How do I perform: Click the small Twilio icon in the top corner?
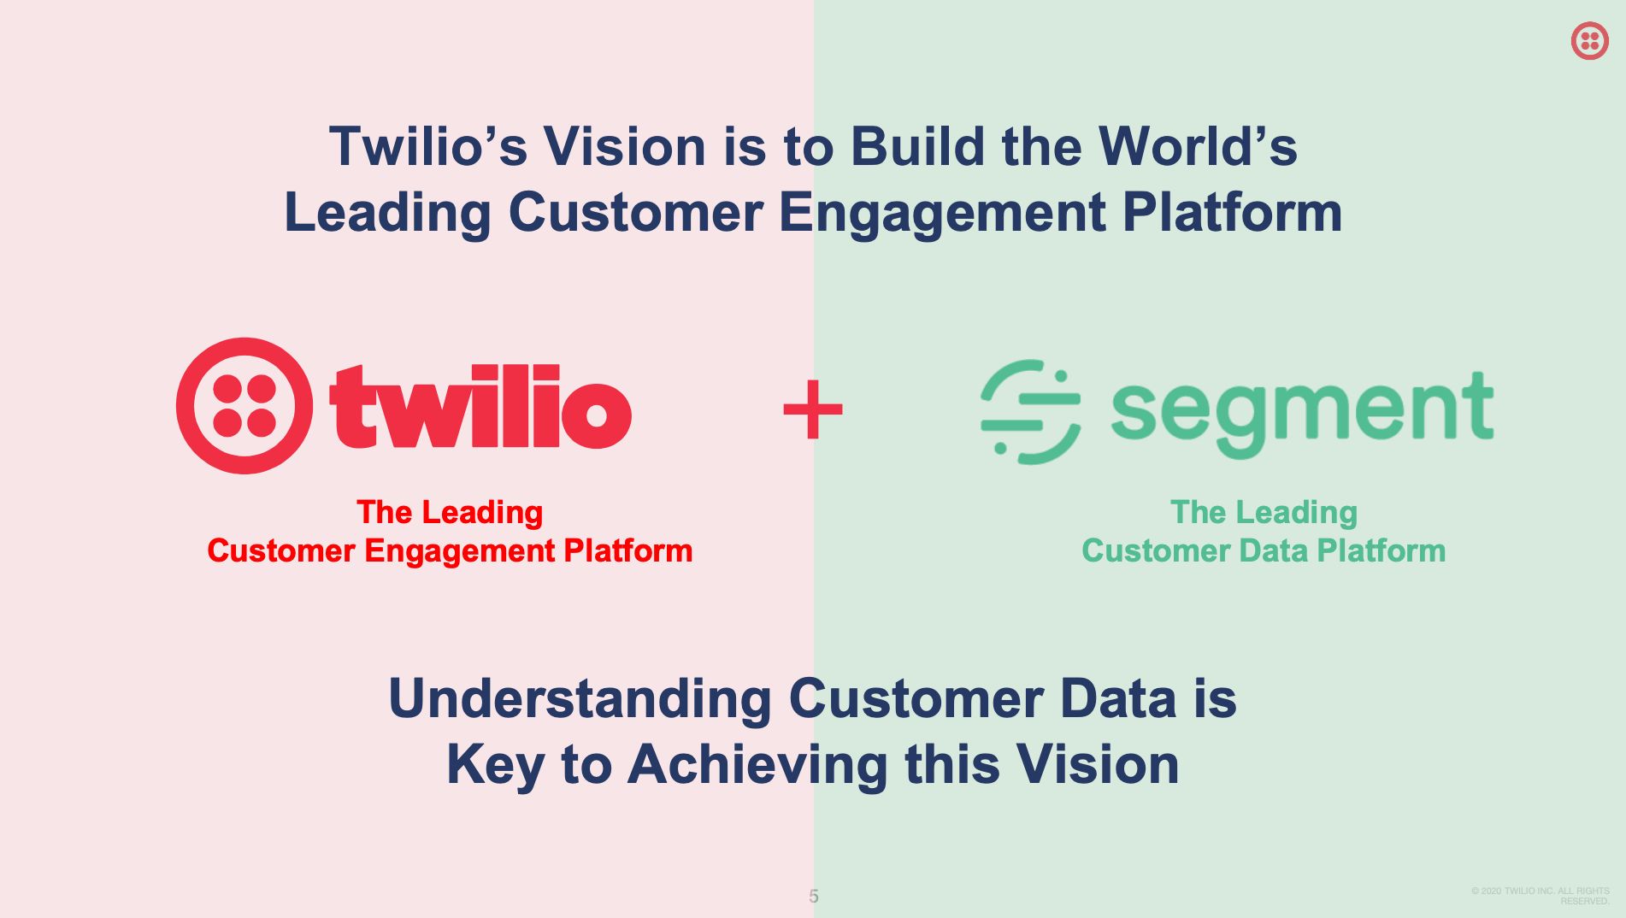pos(1589,40)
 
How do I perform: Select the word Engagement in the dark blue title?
pos(942,213)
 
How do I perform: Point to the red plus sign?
pos(813,409)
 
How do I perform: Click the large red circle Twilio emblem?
pos(244,406)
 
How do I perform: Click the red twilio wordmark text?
pos(480,406)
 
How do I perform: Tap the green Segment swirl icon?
pos(1030,411)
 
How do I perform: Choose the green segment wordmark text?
pos(1302,414)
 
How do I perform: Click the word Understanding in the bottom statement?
pos(580,698)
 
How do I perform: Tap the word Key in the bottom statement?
pos(495,764)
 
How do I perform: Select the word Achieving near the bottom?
pos(758,765)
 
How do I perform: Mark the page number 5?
pos(814,896)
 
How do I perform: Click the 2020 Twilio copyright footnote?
pos(1541,896)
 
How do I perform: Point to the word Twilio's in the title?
pos(428,146)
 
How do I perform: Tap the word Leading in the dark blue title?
pos(387,213)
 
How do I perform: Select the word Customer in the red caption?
pos(281,551)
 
